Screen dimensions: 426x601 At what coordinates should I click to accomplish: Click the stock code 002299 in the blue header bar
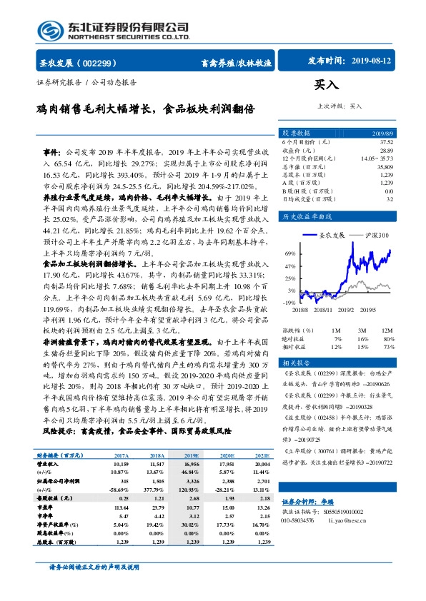(x=106, y=62)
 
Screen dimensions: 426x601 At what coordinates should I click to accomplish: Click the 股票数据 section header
(x=296, y=133)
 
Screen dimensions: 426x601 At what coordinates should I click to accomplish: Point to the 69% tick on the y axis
(x=290, y=253)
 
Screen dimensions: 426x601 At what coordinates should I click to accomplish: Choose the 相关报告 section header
(x=296, y=363)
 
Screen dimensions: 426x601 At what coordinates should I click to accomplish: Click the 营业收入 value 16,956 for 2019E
(x=191, y=463)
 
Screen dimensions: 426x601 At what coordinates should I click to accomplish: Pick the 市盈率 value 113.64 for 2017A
(x=119, y=507)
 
